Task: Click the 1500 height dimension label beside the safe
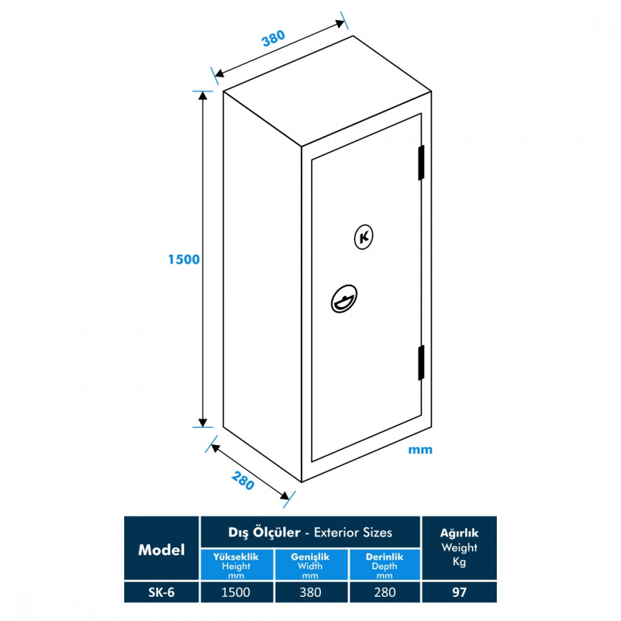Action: click(x=183, y=259)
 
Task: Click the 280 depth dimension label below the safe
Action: click(x=243, y=479)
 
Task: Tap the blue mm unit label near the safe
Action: click(x=420, y=450)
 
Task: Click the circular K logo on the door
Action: click(x=364, y=237)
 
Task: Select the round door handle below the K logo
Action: click(x=344, y=299)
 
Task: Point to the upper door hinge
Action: click(x=420, y=163)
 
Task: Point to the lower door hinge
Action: click(x=420, y=362)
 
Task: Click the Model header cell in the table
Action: click(x=161, y=549)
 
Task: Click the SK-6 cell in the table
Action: click(x=161, y=592)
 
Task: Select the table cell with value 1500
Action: click(x=236, y=592)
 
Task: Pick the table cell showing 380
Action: click(x=311, y=592)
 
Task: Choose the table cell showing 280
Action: click(x=385, y=592)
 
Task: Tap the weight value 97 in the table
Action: click(x=459, y=592)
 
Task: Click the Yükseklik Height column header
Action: click(x=236, y=565)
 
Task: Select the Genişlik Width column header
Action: click(x=310, y=565)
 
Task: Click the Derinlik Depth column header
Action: click(x=385, y=565)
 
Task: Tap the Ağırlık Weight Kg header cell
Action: click(x=459, y=548)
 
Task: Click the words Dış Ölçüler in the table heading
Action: click(x=264, y=533)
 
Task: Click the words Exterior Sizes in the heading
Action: click(x=353, y=533)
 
